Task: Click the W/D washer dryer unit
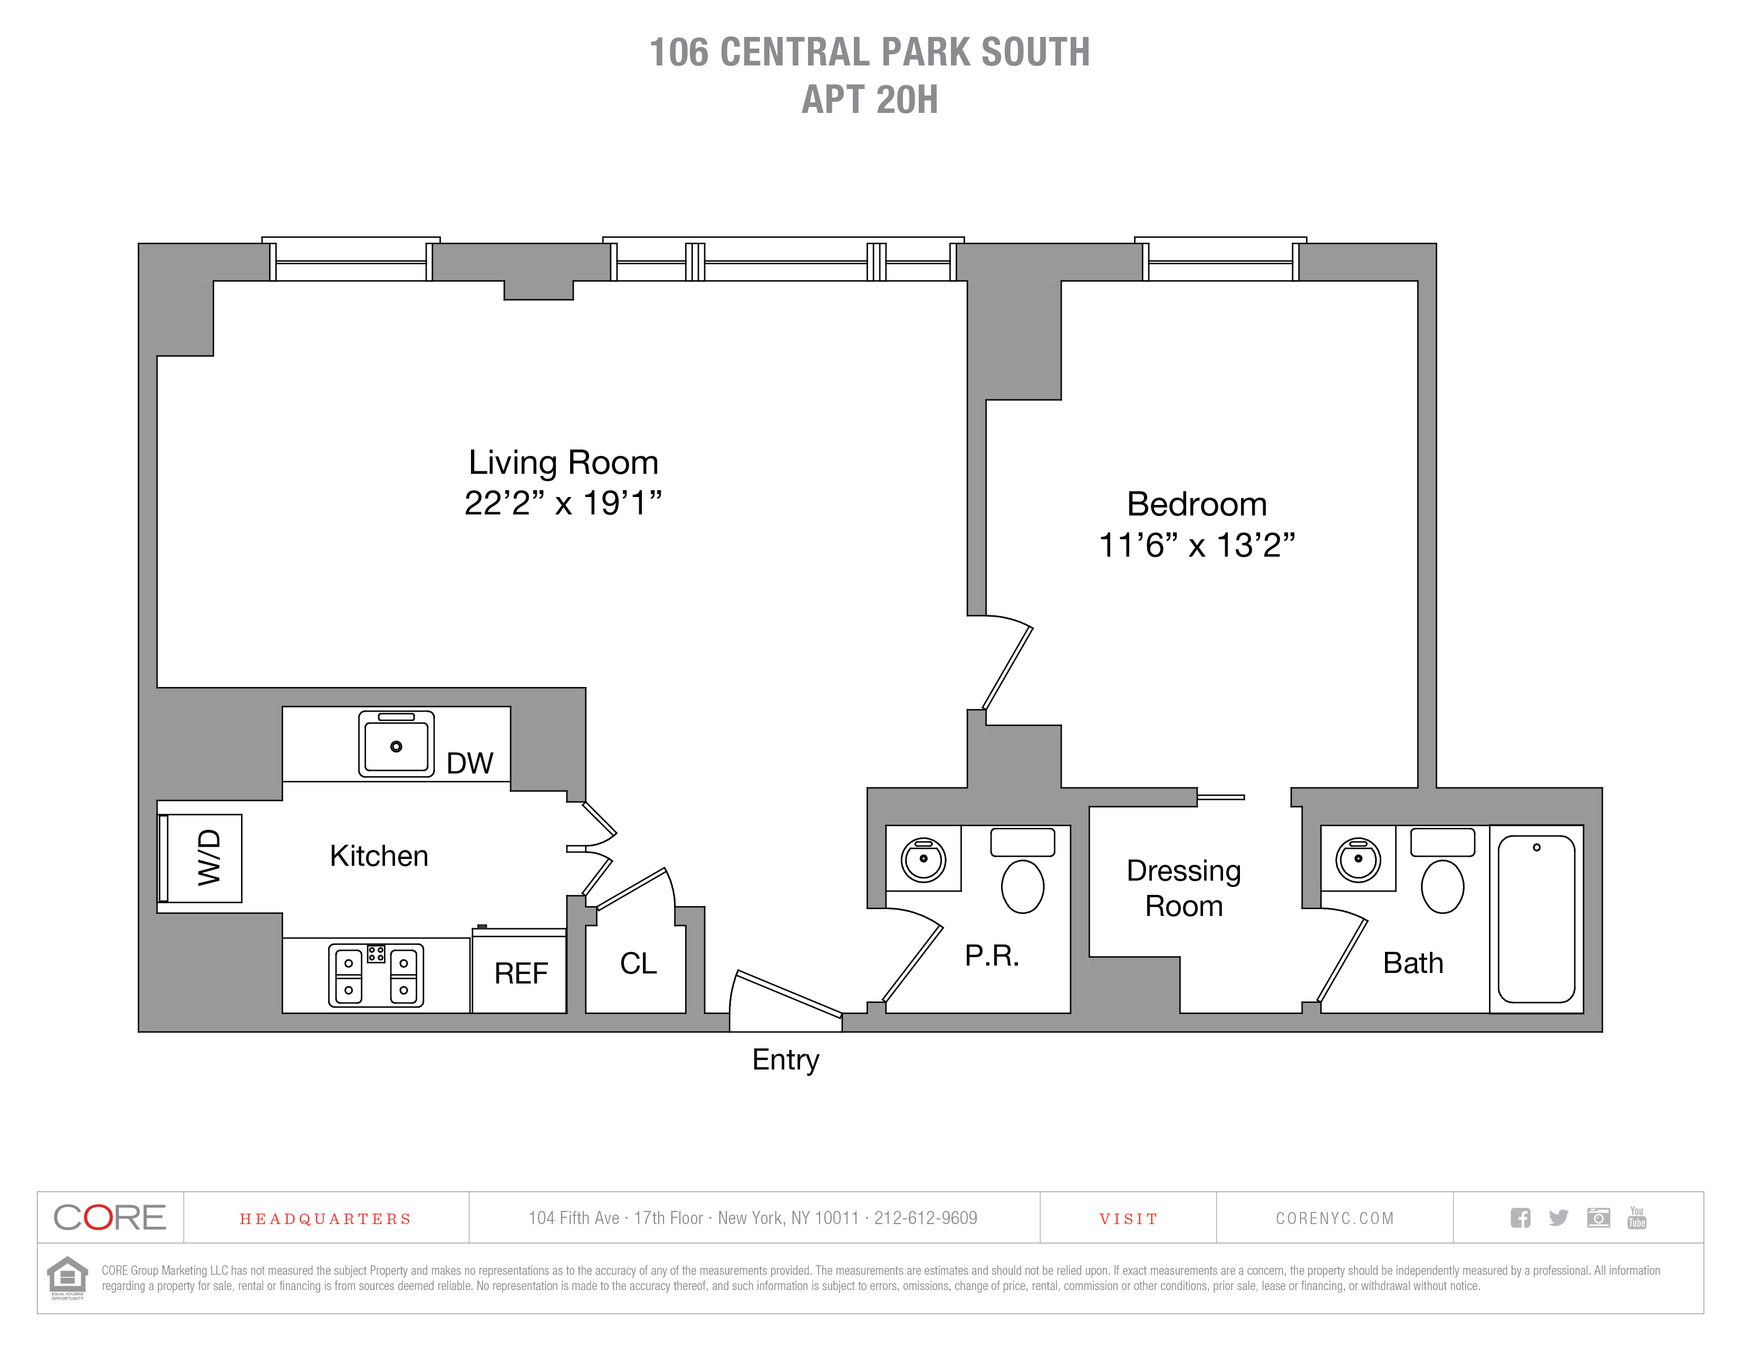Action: tap(204, 857)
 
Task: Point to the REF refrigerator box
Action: tap(520, 973)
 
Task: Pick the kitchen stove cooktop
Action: tap(376, 975)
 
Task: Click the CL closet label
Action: tap(638, 963)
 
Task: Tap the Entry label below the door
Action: tap(785, 1059)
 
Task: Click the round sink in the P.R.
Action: tap(923, 860)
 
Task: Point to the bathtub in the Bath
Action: tap(1536, 919)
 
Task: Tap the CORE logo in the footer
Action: tap(110, 1218)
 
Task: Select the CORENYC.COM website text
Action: tap(1334, 1218)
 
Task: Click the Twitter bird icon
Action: tap(1559, 1218)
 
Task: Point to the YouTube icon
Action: tap(1637, 1218)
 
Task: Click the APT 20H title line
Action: tap(870, 100)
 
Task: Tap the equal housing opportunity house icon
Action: tap(68, 1277)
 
